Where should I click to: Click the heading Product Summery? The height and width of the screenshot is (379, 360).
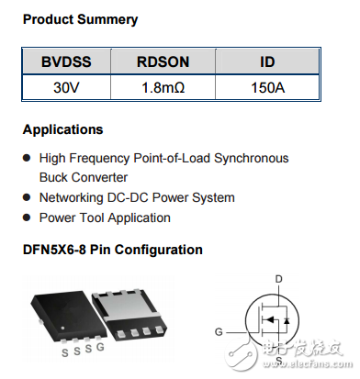pyautogui.click(x=80, y=19)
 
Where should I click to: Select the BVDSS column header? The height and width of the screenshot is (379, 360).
pyautogui.click(x=65, y=62)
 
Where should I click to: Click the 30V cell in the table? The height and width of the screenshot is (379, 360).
pyautogui.click(x=65, y=89)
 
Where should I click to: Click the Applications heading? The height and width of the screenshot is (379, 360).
pyautogui.click(x=62, y=129)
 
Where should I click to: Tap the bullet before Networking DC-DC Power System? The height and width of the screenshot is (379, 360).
pyautogui.click(x=27, y=198)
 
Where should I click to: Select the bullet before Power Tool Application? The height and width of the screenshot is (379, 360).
pyautogui.click(x=27, y=218)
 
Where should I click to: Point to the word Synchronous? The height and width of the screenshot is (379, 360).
pyautogui.click(x=250, y=158)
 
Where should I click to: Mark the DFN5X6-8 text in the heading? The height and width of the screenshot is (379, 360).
pyautogui.click(x=60, y=250)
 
